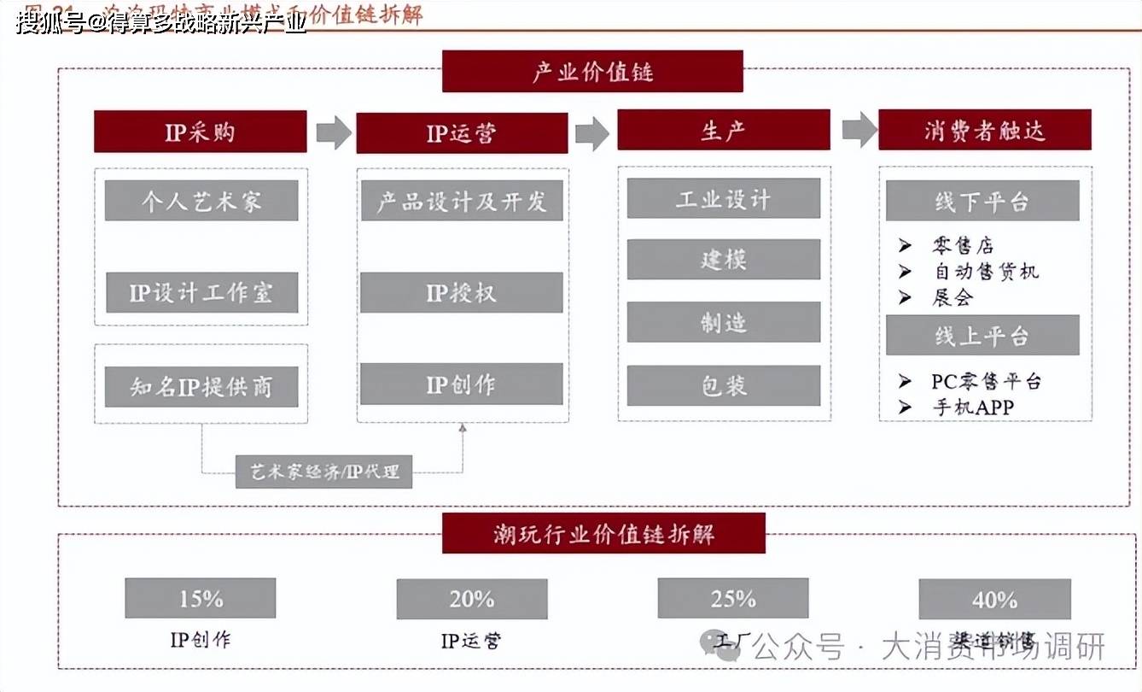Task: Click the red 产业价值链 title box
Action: click(x=592, y=72)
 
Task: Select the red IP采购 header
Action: click(x=200, y=132)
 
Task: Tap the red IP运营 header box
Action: click(x=462, y=133)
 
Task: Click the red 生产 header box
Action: click(x=723, y=131)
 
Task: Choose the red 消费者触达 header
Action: click(x=984, y=130)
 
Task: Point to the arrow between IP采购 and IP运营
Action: click(x=333, y=132)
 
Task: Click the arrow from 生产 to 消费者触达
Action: click(x=859, y=130)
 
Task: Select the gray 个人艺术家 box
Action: click(x=201, y=201)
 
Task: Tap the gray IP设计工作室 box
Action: click(x=201, y=293)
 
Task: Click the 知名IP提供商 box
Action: click(x=201, y=387)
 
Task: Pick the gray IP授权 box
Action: click(x=461, y=293)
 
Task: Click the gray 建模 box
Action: click(x=723, y=260)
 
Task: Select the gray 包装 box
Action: click(x=723, y=386)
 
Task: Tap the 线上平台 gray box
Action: click(x=982, y=336)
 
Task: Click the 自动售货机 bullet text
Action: click(x=985, y=272)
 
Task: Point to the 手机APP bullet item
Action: click(x=972, y=408)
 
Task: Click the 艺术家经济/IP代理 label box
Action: click(x=323, y=471)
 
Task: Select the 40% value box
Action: click(x=994, y=600)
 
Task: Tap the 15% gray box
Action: click(x=201, y=599)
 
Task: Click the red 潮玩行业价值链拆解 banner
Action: click(x=603, y=534)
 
